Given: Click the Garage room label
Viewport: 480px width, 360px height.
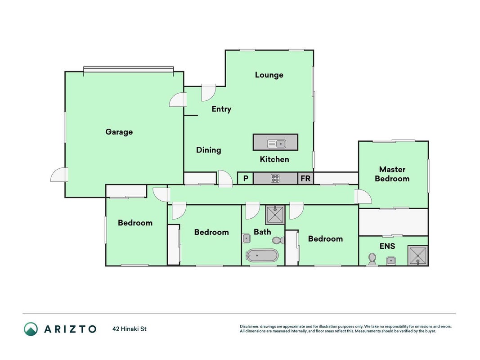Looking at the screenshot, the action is click(119, 132).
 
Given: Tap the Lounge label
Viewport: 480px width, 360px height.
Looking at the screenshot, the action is click(269, 75).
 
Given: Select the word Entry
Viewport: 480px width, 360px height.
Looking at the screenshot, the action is click(221, 109).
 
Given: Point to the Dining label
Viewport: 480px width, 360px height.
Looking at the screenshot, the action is click(208, 150).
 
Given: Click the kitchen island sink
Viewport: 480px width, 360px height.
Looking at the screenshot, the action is click(276, 144).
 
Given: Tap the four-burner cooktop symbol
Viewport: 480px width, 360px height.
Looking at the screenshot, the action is click(275, 178).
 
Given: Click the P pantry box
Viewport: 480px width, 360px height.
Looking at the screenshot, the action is click(246, 178).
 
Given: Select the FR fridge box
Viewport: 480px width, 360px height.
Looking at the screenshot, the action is click(305, 178).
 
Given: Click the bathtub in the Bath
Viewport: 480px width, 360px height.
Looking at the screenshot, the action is click(262, 255).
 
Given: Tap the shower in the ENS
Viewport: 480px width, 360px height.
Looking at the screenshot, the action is click(417, 255).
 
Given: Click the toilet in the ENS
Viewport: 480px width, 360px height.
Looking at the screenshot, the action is click(372, 259).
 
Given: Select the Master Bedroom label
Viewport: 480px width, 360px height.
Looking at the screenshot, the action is click(392, 174).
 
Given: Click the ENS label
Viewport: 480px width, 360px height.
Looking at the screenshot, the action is click(387, 246).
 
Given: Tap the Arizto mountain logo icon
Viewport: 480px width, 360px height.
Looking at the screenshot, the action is click(31, 329).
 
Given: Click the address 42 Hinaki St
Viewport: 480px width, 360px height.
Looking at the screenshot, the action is click(130, 329).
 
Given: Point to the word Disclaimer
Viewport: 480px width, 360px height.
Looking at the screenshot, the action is click(249, 327).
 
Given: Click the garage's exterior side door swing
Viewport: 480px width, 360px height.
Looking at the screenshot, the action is click(59, 175).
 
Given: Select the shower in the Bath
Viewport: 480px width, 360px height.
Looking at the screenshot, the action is click(275, 215).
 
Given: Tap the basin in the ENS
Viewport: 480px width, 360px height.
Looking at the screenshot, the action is click(390, 261).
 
